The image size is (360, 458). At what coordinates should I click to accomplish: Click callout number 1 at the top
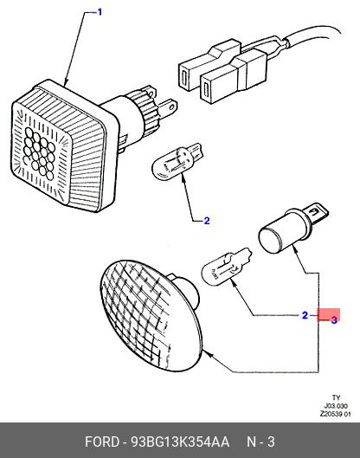tap(100, 12)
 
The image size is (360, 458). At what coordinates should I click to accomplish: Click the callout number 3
tap(334, 319)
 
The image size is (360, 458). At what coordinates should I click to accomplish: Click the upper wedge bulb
tap(177, 161)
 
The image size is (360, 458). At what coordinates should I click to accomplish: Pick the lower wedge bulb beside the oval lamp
tap(226, 267)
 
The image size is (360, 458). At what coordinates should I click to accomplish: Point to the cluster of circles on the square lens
tap(40, 153)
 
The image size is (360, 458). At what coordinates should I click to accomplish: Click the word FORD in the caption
tap(102, 442)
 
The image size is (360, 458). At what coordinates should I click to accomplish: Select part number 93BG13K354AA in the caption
tap(180, 442)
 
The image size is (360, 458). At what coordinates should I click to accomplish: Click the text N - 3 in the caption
tap(260, 442)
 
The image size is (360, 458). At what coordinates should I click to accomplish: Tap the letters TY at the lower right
tap(336, 397)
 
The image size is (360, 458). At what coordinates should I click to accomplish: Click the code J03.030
tap(336, 406)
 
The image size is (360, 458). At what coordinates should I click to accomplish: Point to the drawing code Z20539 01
tap(335, 414)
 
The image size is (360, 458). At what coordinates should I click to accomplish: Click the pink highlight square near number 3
tap(329, 315)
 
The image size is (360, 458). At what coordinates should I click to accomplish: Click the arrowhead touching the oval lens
tap(209, 355)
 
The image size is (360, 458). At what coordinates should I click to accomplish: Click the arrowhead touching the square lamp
tap(66, 82)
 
